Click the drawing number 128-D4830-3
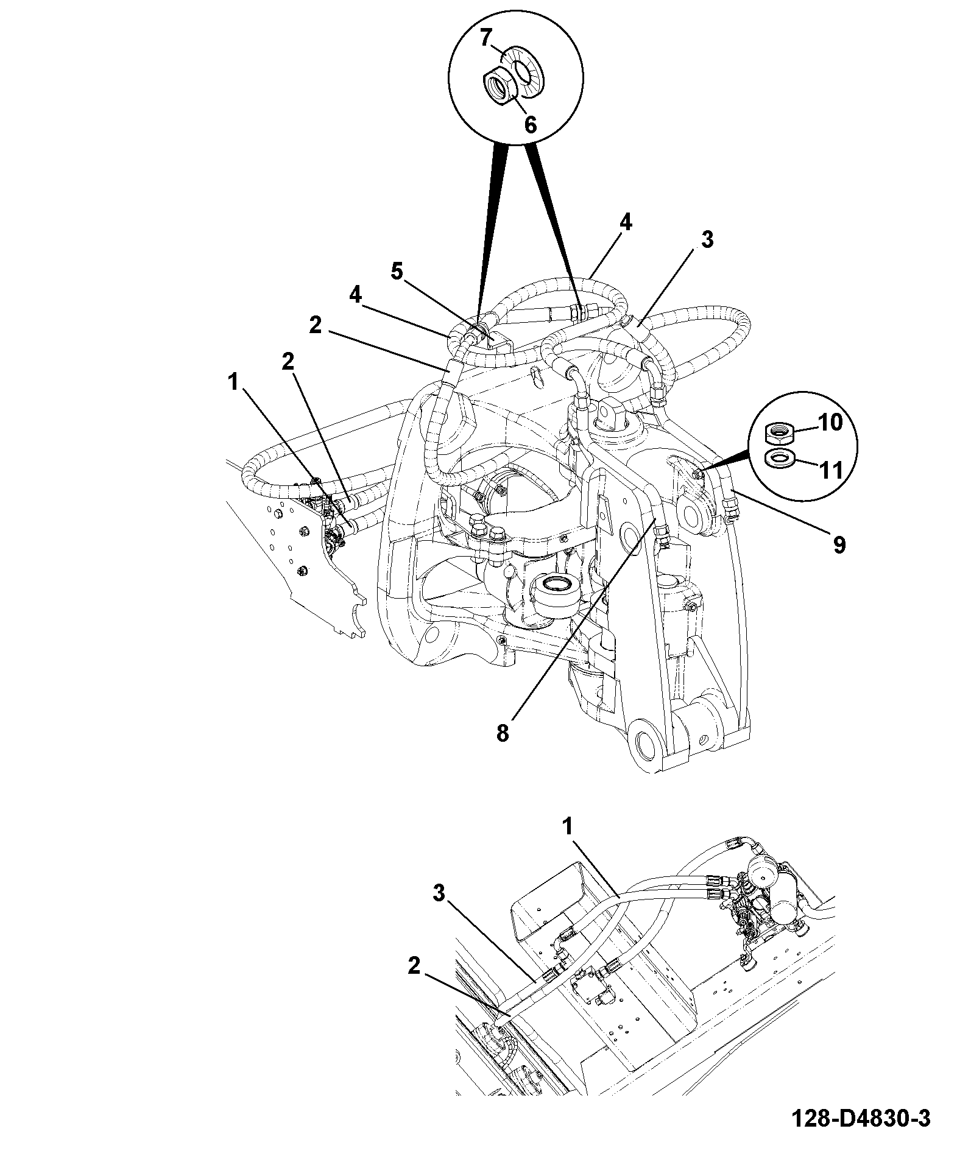[861, 1118]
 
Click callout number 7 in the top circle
[486, 38]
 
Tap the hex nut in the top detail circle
[501, 86]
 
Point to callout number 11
[831, 470]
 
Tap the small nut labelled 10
[779, 433]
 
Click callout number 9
[839, 545]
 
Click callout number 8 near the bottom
[502, 733]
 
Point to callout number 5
[397, 272]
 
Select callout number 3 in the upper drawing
[707, 240]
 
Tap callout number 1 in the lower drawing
[568, 826]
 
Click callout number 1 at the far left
[232, 382]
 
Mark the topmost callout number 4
[626, 223]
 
